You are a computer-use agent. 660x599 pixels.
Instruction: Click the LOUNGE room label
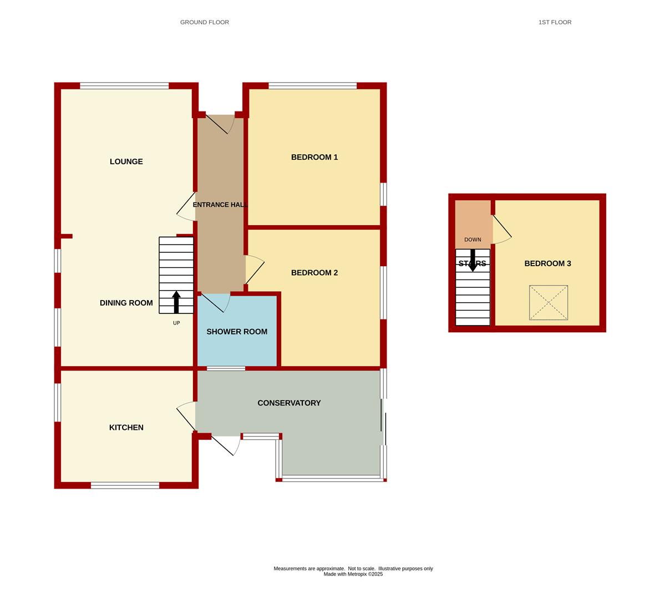pos(126,161)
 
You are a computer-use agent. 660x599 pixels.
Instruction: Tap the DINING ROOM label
pos(126,303)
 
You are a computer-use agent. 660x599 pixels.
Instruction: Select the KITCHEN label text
pos(126,428)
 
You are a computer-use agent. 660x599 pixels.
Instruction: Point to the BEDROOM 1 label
pos(314,158)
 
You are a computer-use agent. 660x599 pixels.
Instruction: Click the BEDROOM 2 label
pos(314,273)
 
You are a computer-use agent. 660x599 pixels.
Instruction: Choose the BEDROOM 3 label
pos(547,263)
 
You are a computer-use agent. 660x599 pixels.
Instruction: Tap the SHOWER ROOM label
pos(237,332)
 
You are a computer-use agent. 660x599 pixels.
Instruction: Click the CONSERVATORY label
pos(289,403)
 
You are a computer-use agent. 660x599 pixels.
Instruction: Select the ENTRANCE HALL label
pos(220,205)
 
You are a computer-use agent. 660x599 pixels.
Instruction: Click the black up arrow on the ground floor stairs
pos(176,302)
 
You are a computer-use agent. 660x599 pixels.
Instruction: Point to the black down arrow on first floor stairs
pos(473,261)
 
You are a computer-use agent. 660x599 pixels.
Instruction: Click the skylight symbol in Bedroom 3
pos(549,303)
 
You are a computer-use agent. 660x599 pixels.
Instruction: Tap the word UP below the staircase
pos(176,323)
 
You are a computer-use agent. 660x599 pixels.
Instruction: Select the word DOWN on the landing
pos(473,240)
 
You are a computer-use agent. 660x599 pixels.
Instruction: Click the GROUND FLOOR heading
pos(205,22)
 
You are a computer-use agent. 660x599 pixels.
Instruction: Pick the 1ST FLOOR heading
pos(555,22)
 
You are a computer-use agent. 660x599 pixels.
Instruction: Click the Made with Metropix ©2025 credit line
pos(353,574)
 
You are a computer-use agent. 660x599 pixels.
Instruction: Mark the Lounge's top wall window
pos(124,86)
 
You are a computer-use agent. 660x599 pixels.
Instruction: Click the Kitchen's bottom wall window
pos(125,485)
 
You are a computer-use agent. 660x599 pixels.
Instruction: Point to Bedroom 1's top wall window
pos(313,86)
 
